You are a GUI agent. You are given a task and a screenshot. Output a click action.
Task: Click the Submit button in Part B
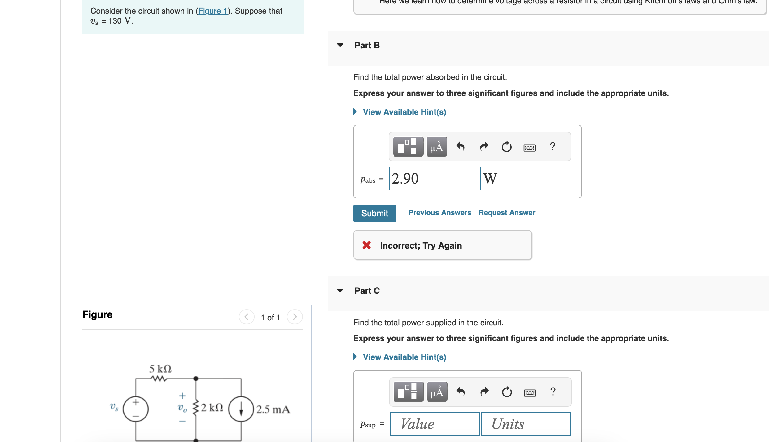click(x=374, y=213)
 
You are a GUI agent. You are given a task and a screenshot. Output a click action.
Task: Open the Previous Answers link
click(x=439, y=213)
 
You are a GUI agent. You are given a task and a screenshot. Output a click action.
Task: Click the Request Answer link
click(x=507, y=213)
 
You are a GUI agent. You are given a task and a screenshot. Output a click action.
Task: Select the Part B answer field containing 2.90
click(x=434, y=179)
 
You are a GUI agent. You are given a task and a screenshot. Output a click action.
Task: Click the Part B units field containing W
click(x=525, y=179)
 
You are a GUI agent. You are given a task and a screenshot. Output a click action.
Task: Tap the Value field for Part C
click(x=434, y=424)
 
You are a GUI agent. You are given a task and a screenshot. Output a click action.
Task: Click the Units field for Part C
click(x=525, y=424)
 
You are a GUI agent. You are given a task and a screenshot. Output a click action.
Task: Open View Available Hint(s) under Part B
click(x=404, y=112)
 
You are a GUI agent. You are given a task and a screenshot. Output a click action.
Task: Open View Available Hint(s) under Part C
click(x=404, y=357)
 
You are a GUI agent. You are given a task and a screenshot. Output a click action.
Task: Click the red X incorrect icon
click(x=366, y=245)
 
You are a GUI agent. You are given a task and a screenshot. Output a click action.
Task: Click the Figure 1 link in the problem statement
click(x=212, y=11)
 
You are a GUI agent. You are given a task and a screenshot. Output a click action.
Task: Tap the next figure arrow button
click(x=295, y=317)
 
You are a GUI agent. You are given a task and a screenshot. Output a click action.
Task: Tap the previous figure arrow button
click(x=247, y=317)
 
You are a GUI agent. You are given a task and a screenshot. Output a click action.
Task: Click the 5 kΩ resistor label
click(x=160, y=369)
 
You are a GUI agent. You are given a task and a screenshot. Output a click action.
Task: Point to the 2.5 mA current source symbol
click(x=241, y=409)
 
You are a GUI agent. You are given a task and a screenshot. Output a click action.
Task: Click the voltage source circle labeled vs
click(x=136, y=409)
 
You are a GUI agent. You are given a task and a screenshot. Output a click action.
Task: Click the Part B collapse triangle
click(x=340, y=45)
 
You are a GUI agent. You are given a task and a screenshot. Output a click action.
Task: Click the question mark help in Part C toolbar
click(x=553, y=392)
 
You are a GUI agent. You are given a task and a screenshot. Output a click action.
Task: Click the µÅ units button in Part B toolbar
click(x=437, y=147)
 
